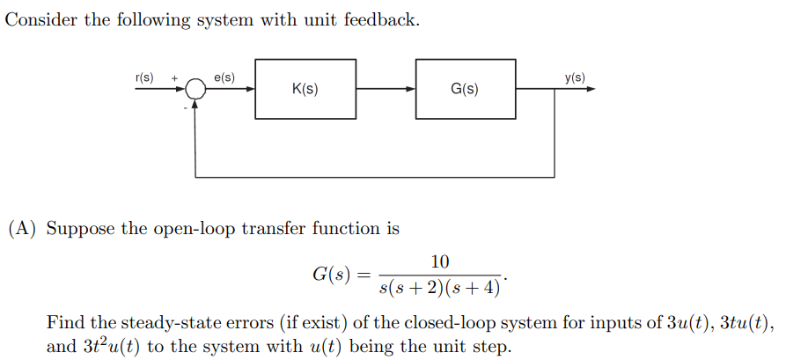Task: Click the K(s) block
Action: tap(305, 89)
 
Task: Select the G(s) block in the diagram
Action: tap(466, 89)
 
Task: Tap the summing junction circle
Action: tap(193, 90)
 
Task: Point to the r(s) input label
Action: tap(143, 77)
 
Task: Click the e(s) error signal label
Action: tap(224, 77)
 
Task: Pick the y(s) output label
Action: tap(574, 77)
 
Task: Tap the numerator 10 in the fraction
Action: tap(440, 261)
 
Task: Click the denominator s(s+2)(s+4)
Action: tap(439, 286)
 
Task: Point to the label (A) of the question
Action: tap(24, 229)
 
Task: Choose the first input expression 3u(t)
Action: tap(679, 322)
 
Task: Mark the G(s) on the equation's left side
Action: tap(332, 274)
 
